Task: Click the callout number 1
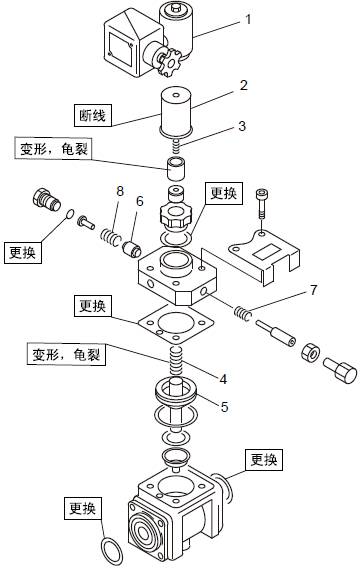coord(248,19)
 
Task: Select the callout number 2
coord(244,85)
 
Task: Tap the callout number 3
coord(242,126)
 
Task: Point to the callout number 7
coord(313,290)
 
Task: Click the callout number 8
coord(120,191)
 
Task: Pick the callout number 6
coord(140,201)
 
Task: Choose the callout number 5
coord(225,406)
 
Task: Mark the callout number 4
coord(223,379)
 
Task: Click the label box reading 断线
coord(93,116)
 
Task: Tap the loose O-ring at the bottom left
coord(111,551)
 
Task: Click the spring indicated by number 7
coord(243,313)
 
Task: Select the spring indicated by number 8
coord(110,237)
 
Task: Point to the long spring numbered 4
coord(176,360)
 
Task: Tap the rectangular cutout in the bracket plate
coord(264,253)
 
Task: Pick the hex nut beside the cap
coord(310,353)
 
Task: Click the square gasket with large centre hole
coord(176,323)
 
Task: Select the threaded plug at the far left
coord(47,199)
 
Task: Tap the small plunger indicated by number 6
coord(132,249)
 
